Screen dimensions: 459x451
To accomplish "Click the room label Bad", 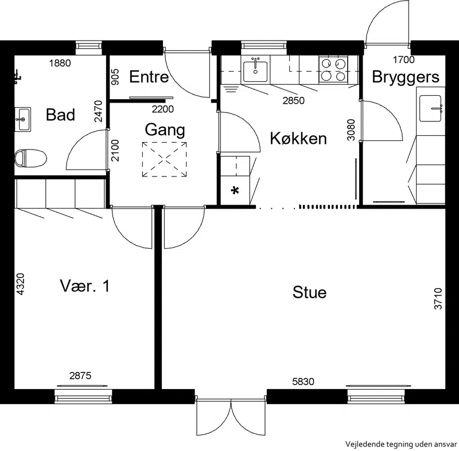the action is pos(60,115).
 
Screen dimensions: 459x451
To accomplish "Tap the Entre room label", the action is pos(149,77).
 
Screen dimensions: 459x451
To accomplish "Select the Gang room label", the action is pos(165,130).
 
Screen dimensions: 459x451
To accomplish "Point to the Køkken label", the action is pos(298,138).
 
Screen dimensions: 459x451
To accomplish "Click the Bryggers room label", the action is pos(406,77).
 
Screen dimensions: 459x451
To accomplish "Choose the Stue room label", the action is pos(309,292).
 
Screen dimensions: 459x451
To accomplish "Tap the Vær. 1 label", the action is pos(85,286).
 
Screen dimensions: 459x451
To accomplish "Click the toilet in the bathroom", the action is pos(30,158).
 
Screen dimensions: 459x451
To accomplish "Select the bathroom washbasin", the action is pos(22,120).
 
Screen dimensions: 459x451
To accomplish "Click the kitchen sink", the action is pos(255,70).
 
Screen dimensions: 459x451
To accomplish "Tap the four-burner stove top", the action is pos(333,70).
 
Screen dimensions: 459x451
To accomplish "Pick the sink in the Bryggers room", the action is pos(430,108).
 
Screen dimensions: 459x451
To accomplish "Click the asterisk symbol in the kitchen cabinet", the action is pos(235,191).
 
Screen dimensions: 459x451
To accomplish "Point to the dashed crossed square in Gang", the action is pos(165,159).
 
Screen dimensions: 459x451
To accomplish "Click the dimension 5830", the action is pos(303,382).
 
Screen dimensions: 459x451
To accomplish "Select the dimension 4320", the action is pos(20,284).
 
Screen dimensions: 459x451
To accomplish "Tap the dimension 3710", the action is pos(438,299).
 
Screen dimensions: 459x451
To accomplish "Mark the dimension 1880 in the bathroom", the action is pos(60,63).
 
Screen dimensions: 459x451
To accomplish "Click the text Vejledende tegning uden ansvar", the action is pos(401,444).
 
